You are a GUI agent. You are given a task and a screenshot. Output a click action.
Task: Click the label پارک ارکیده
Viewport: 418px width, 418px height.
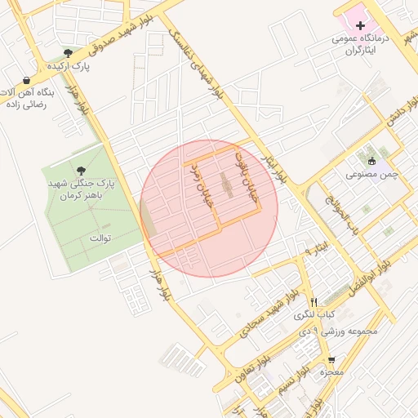point(67,66)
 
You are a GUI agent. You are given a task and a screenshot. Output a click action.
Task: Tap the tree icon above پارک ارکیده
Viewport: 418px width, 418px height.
point(79,53)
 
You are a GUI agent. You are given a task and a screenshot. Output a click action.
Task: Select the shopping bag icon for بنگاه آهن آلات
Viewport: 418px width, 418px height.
point(27,80)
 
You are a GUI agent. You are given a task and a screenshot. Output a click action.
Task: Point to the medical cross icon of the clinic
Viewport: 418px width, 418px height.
point(360,26)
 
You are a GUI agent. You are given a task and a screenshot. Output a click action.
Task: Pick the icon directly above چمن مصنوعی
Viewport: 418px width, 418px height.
point(372,160)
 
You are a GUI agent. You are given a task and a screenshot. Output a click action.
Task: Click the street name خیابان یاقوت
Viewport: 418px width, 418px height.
point(246,173)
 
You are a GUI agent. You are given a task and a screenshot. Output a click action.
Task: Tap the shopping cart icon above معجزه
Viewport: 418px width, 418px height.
point(331,359)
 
